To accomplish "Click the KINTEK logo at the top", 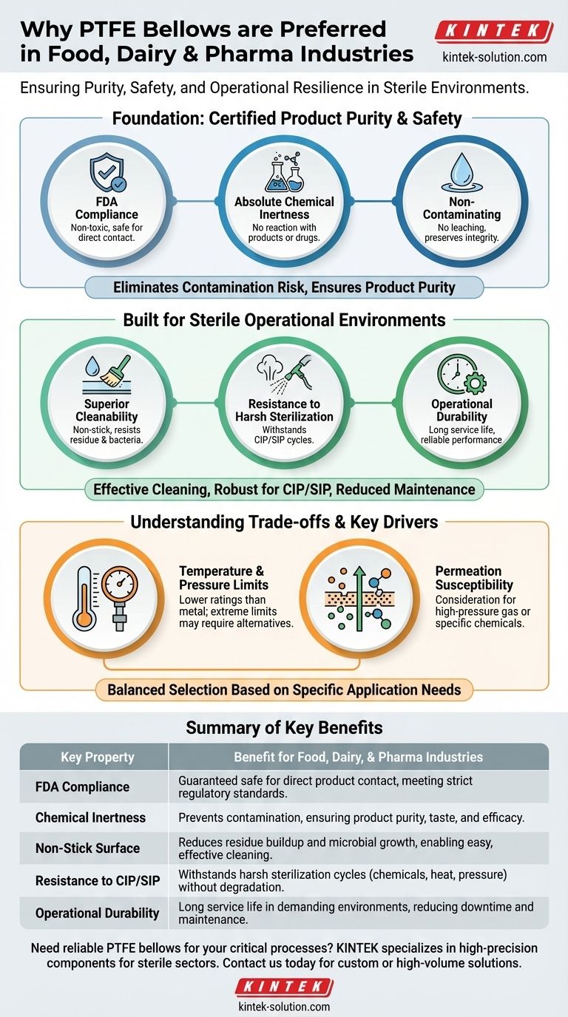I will (493, 32).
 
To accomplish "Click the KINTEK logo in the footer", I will (284, 987).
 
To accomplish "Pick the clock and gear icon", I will (462, 375).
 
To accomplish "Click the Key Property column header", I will (97, 757).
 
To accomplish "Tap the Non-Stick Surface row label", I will (87, 848).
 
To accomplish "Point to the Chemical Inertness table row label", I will (90, 817).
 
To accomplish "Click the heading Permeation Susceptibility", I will (468, 578).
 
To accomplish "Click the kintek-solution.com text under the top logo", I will (494, 57).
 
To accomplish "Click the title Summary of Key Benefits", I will (284, 727).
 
